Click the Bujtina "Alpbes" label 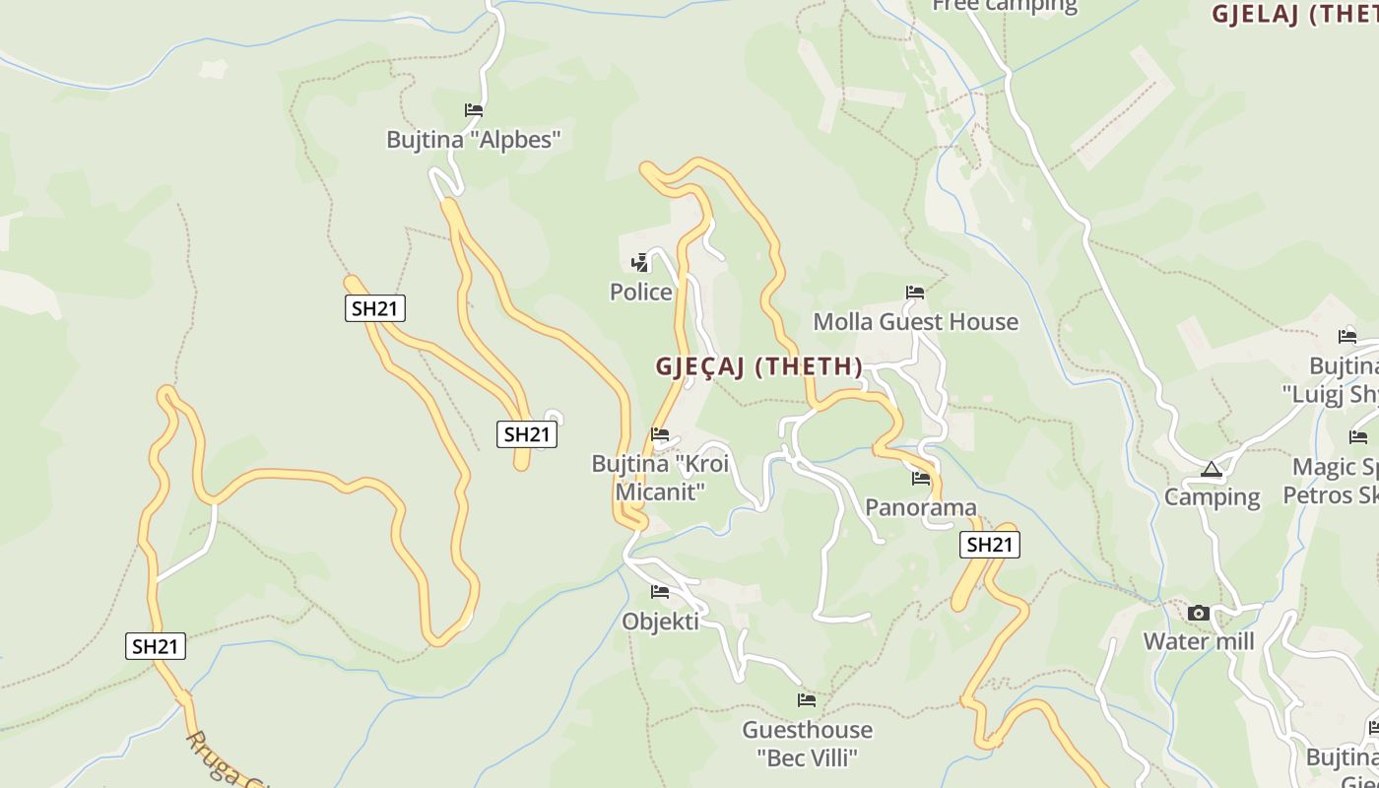pos(474,139)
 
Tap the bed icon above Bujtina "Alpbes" pos(474,110)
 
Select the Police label pos(641,292)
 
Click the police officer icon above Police pos(640,262)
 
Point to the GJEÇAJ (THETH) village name pos(758,366)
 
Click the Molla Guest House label pos(915,322)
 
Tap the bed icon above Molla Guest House pos(915,293)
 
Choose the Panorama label pos(921,507)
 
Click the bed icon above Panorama pos(921,479)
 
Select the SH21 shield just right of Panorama pos(990,545)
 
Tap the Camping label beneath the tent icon pos(1212,497)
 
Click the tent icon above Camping pos(1212,470)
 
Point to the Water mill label pos(1199,642)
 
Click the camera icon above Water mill pos(1199,614)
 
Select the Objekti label pos(660,622)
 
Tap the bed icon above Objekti pos(660,592)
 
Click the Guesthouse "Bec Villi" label pos(807,744)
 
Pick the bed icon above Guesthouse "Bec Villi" pos(807,700)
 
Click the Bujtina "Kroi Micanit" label pos(660,477)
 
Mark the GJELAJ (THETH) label pos(1294,14)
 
